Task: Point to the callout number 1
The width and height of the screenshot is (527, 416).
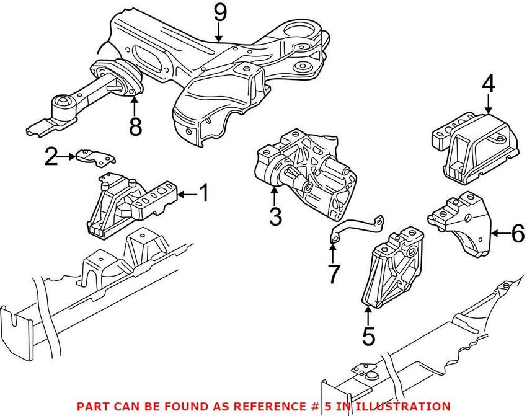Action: pos(203,195)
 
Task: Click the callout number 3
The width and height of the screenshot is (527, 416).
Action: pos(275,217)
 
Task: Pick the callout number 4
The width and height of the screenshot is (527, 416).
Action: pos(489,84)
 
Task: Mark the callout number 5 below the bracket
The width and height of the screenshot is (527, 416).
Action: pos(368,336)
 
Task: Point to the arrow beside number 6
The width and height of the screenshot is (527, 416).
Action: pos(499,233)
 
